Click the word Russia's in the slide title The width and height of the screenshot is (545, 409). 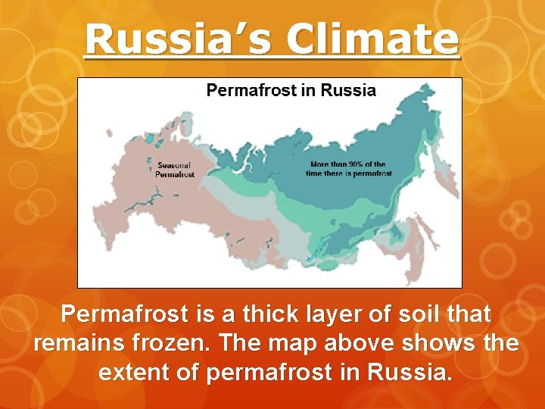point(170,39)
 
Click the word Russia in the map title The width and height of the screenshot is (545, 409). point(348,91)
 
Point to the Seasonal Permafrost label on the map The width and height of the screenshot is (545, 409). point(175,170)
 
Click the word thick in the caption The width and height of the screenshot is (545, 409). point(255,314)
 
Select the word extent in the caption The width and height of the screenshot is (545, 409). point(134,373)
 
